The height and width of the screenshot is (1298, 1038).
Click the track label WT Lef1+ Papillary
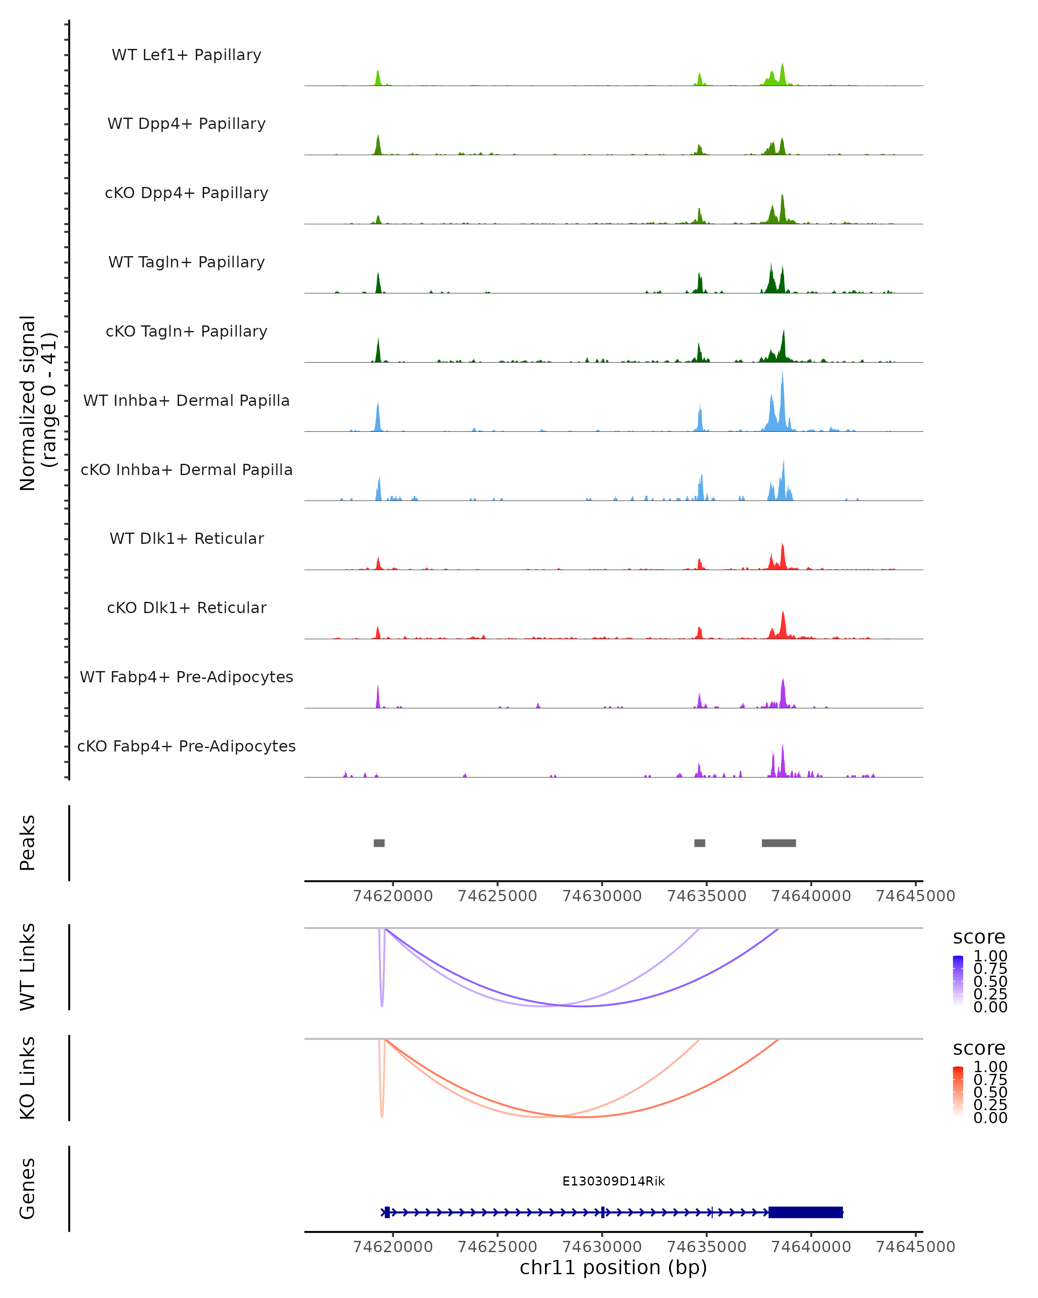pyautogui.click(x=186, y=55)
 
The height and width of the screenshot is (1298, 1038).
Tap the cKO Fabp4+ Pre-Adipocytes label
pyautogui.click(x=186, y=746)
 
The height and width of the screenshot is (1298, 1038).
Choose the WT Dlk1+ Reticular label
pyautogui.click(x=186, y=538)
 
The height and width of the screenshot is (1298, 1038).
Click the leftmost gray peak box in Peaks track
pyautogui.click(x=379, y=843)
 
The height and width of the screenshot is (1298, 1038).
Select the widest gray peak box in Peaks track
pyautogui.click(x=778, y=843)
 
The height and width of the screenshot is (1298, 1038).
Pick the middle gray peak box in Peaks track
pyautogui.click(x=699, y=843)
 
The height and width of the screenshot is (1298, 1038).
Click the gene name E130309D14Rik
pyautogui.click(x=613, y=1181)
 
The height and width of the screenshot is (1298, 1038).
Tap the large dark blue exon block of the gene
pyautogui.click(x=805, y=1212)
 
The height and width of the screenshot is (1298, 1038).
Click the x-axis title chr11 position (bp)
pyautogui.click(x=613, y=1267)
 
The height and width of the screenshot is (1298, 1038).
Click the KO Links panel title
pyautogui.click(x=28, y=1078)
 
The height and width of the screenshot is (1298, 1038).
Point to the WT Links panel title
pyautogui.click(x=28, y=967)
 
